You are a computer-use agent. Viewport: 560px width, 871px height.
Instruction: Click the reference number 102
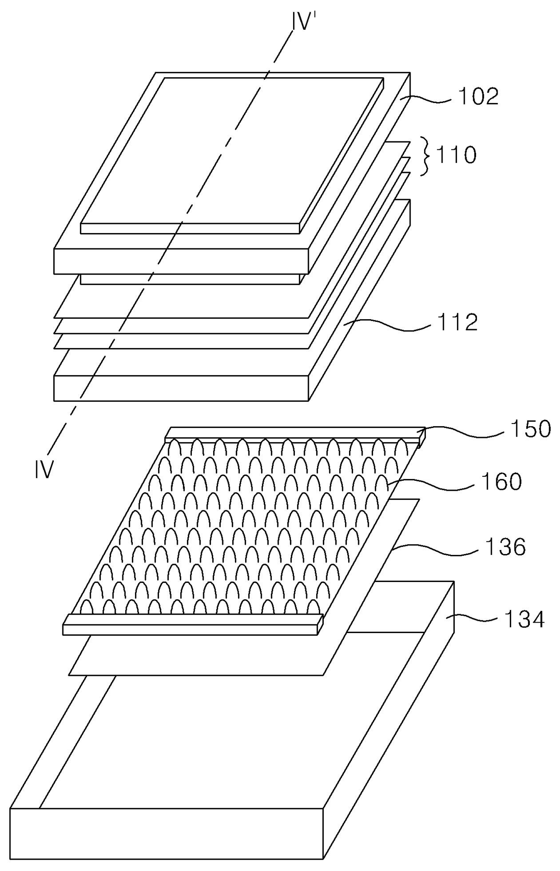(x=479, y=97)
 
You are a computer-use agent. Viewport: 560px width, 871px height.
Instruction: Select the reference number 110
(x=456, y=155)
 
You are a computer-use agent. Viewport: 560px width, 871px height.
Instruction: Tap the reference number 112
(x=457, y=322)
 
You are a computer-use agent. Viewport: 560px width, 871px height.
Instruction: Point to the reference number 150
(x=531, y=429)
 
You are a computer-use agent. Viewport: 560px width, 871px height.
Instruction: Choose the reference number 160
(x=501, y=481)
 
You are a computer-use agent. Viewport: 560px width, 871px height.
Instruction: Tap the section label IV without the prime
(x=44, y=470)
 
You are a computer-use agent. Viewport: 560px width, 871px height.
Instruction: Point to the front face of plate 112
(x=181, y=387)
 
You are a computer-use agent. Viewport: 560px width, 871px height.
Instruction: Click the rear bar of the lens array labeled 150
(x=294, y=432)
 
